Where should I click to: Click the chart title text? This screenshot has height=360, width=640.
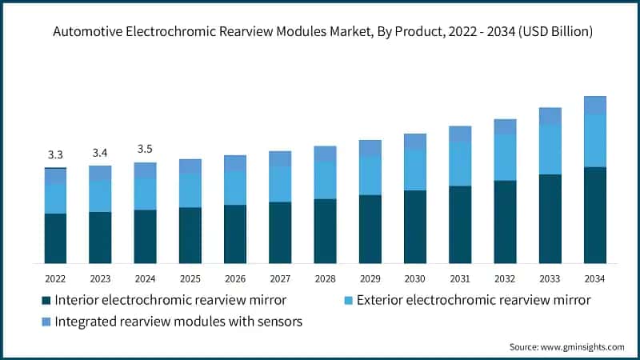[x=320, y=33]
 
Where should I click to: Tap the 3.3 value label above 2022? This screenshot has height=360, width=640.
[x=55, y=154]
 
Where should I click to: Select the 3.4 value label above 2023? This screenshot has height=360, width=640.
[x=100, y=152]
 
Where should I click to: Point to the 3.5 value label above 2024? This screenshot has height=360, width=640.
[x=145, y=149]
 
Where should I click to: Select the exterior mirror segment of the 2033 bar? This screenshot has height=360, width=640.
[x=550, y=150]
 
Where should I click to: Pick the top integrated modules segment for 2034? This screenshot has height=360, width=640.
[x=594, y=105]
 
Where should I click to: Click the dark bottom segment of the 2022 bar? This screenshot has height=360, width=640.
[x=55, y=238]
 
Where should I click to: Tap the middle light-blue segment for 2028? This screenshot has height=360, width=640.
[x=325, y=180]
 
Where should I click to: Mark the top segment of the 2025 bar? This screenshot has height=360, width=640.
[x=190, y=166]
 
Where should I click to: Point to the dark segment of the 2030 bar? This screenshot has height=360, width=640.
[x=414, y=226]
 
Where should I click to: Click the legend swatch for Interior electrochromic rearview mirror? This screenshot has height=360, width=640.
[x=46, y=301]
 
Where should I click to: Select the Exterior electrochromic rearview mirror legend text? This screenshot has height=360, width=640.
[x=473, y=301]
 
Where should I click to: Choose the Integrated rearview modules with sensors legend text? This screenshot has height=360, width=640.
[x=178, y=321]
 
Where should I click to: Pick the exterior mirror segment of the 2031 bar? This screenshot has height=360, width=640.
[x=460, y=164]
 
